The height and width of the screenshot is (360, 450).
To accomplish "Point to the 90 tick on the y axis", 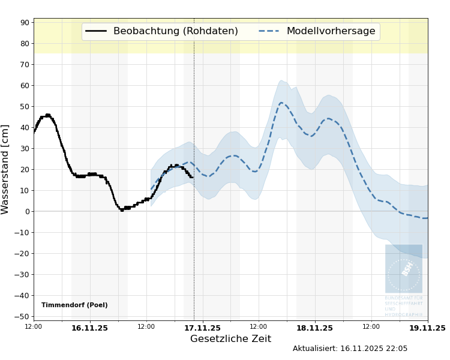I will click(25, 23).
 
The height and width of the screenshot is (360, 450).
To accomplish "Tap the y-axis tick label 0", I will click(27, 212).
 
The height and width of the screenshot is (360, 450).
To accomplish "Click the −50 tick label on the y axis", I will click(23, 317).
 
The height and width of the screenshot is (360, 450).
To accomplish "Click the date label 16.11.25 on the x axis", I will click(89, 328).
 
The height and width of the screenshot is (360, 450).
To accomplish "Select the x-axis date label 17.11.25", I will click(202, 328).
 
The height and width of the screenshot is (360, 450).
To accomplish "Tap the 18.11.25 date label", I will click(314, 328).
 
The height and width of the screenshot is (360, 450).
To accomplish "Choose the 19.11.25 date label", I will click(427, 328).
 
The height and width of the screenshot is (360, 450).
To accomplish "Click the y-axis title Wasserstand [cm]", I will click(5, 169).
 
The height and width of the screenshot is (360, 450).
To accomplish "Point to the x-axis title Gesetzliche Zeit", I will click(230, 339).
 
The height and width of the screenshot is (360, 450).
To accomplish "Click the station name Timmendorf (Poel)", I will click(74, 305).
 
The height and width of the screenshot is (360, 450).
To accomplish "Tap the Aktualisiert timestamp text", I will click(350, 349).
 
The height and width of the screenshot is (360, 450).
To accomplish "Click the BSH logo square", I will click(404, 268).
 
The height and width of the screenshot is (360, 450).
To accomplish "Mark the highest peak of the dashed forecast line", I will click(281, 103).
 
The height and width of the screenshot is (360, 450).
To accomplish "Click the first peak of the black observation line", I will click(48, 115).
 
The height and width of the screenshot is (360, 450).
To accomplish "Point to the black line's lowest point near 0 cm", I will click(122, 209).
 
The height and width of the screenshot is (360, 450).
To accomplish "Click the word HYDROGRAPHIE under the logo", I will click(403, 314).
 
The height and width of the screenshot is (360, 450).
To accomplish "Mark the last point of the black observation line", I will click(192, 177).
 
